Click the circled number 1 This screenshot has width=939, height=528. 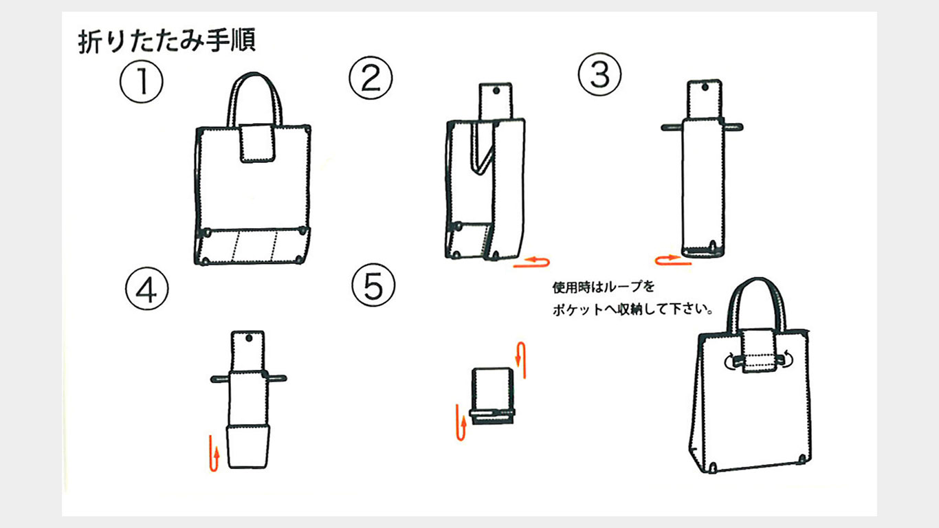click(142, 83)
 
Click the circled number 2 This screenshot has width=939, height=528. click(371, 78)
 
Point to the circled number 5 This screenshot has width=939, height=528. click(373, 285)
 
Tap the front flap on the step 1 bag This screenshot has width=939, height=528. click(258, 144)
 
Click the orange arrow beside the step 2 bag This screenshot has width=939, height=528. click(533, 261)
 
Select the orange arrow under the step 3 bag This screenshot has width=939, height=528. click(671, 259)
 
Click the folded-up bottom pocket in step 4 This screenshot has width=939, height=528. click(247, 447)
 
